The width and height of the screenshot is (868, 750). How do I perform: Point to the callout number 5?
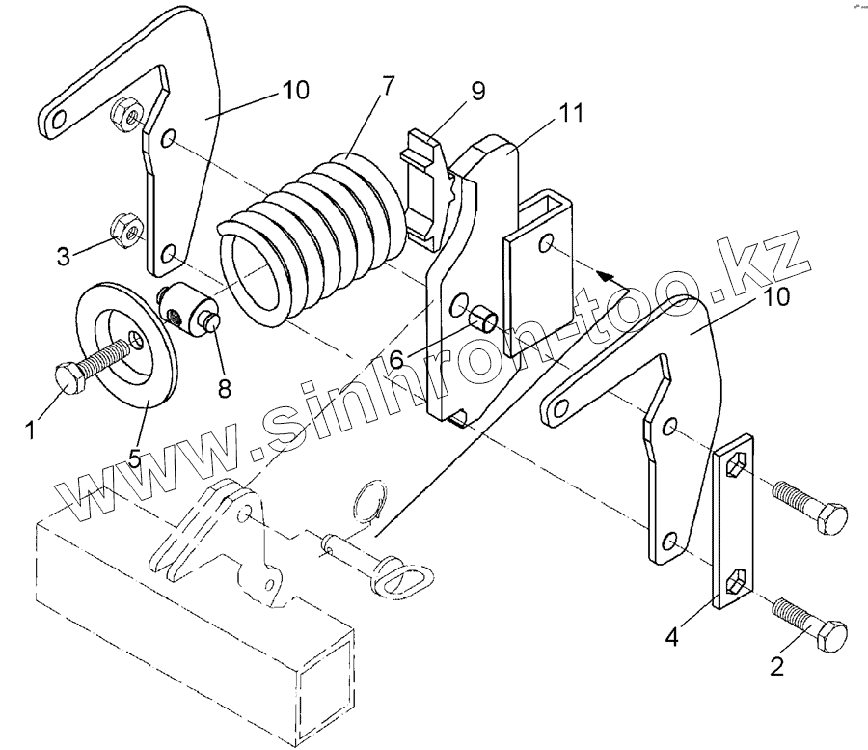135,457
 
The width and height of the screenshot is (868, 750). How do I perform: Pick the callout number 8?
224,389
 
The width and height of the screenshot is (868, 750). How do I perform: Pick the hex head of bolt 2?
832,638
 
